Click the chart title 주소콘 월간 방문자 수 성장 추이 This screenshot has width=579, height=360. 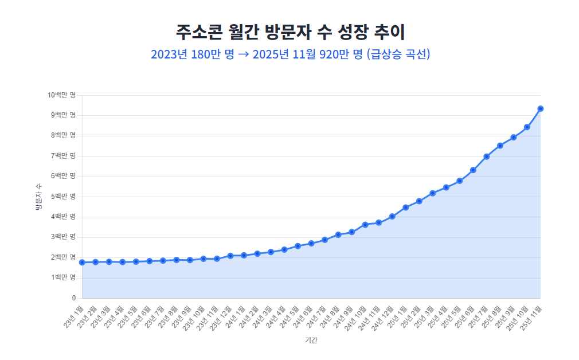pyautogui.click(x=289, y=32)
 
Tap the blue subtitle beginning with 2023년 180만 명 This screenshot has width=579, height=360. pyautogui.click(x=289, y=54)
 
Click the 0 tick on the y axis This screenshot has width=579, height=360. pyautogui.click(x=73, y=298)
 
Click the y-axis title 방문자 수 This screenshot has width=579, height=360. pyautogui.click(x=39, y=197)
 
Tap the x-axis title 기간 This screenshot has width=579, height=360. pyautogui.click(x=311, y=340)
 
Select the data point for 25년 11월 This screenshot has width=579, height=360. pyautogui.click(x=541, y=108)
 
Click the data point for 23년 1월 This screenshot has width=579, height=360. pyautogui.click(x=82, y=263)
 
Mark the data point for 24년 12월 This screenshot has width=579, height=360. pyautogui.click(x=392, y=216)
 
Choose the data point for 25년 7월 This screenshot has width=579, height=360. pyautogui.click(x=487, y=156)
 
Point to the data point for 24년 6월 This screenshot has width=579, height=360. pyautogui.click(x=311, y=243)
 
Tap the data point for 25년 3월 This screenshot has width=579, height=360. pyautogui.click(x=433, y=193)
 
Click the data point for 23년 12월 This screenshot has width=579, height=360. pyautogui.click(x=230, y=256)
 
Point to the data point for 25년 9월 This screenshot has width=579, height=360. pyautogui.click(x=514, y=137)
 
